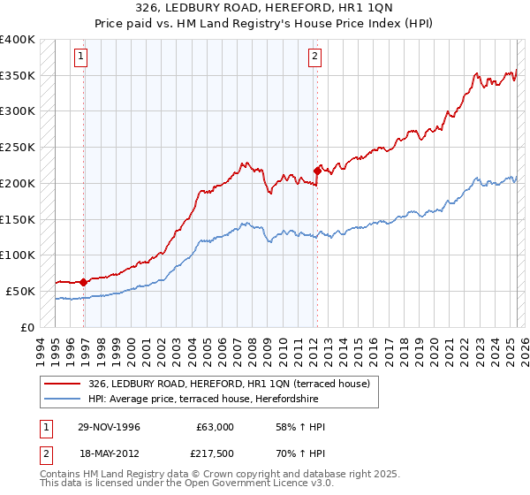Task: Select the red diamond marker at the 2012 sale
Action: click(317, 171)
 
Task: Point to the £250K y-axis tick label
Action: click(18, 148)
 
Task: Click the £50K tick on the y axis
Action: click(21, 291)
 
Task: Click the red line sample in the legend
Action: click(62, 384)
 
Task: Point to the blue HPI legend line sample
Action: click(62, 399)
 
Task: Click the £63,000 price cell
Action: click(215, 427)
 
